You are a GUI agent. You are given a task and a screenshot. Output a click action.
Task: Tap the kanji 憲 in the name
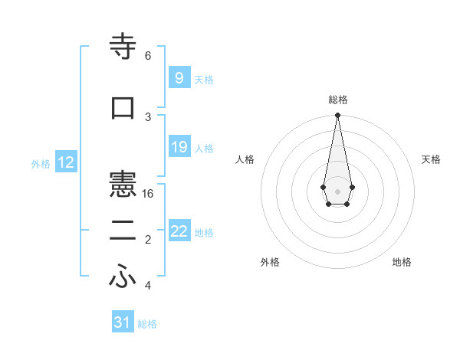123,185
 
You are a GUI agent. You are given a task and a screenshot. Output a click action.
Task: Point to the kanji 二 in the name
123,231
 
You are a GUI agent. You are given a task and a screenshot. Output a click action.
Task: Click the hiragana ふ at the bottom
123,278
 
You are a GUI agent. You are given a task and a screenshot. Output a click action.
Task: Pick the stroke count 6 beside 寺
148,55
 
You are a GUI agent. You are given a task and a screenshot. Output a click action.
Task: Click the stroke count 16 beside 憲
149,194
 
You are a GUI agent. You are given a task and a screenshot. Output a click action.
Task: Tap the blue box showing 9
179,77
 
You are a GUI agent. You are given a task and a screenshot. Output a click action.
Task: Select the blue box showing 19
179,147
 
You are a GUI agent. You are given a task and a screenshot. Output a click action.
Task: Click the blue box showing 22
179,231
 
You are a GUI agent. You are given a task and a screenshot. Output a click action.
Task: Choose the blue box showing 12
66,162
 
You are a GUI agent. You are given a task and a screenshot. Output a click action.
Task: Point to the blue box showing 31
123,322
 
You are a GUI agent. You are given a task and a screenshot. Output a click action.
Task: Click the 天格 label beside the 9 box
204,79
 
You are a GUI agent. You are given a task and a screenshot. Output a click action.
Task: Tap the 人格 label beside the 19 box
204,149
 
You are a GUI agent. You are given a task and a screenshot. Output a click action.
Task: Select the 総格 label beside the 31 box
147,324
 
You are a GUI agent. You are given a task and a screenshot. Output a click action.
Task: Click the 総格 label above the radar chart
337,100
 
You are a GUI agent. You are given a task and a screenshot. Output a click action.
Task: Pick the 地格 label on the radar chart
402,262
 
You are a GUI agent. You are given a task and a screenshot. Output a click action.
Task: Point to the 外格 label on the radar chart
270,262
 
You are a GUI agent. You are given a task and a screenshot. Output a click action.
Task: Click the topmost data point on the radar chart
337,116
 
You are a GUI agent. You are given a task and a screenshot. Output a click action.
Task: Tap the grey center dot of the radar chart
337,191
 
